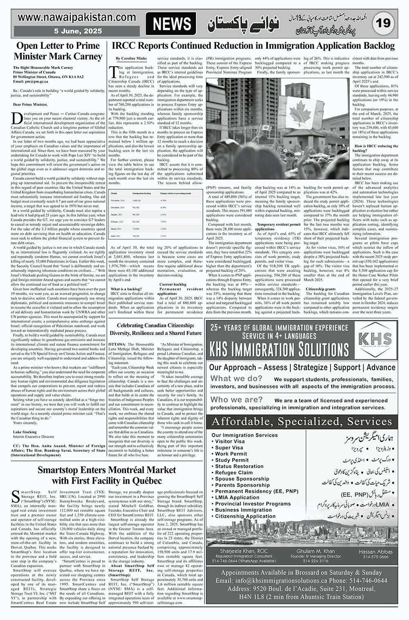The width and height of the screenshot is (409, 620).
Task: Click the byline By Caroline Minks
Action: coord(131,59)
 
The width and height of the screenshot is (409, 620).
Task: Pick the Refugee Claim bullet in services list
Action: coord(234,473)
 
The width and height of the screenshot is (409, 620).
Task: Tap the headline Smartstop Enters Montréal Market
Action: coord(107,475)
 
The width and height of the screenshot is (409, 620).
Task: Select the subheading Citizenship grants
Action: coord(321,289)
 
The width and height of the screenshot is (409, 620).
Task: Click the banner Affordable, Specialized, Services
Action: coord(301,421)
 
